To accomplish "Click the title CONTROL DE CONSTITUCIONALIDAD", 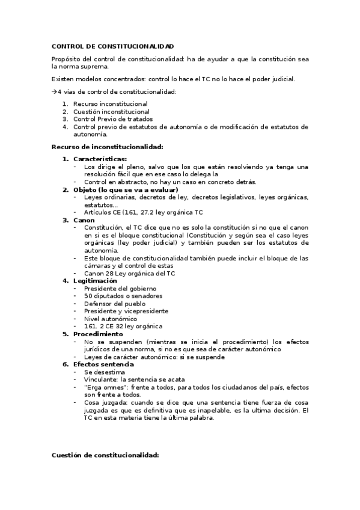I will (113, 46).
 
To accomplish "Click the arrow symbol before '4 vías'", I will (54, 91).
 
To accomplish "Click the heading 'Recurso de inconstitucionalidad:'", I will (108, 147).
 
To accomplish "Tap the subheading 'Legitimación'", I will (95, 281).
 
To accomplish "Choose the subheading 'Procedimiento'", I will (98, 334).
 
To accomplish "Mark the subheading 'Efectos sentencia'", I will (103, 364).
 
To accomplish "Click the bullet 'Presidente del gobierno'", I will (120, 289).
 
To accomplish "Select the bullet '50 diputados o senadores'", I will (123, 296).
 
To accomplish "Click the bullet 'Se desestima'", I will (105, 372).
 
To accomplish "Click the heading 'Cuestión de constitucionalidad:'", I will (105, 455).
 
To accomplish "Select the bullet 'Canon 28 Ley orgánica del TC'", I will (129, 273).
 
